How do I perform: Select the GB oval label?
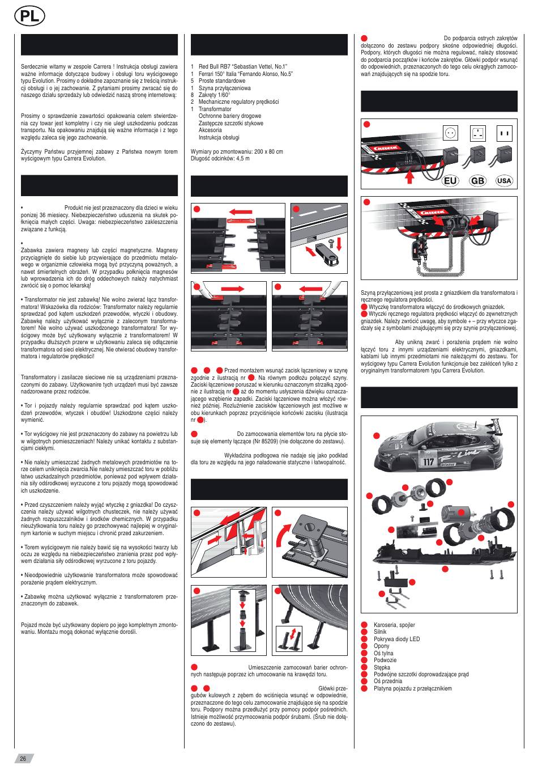click(477, 180)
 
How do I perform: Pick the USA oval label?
click(503, 180)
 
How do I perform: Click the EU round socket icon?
click(452, 133)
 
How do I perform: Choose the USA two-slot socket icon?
click(503, 134)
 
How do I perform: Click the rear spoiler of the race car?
click(498, 432)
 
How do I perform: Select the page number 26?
click(23, 759)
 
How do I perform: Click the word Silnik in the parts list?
click(380, 632)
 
